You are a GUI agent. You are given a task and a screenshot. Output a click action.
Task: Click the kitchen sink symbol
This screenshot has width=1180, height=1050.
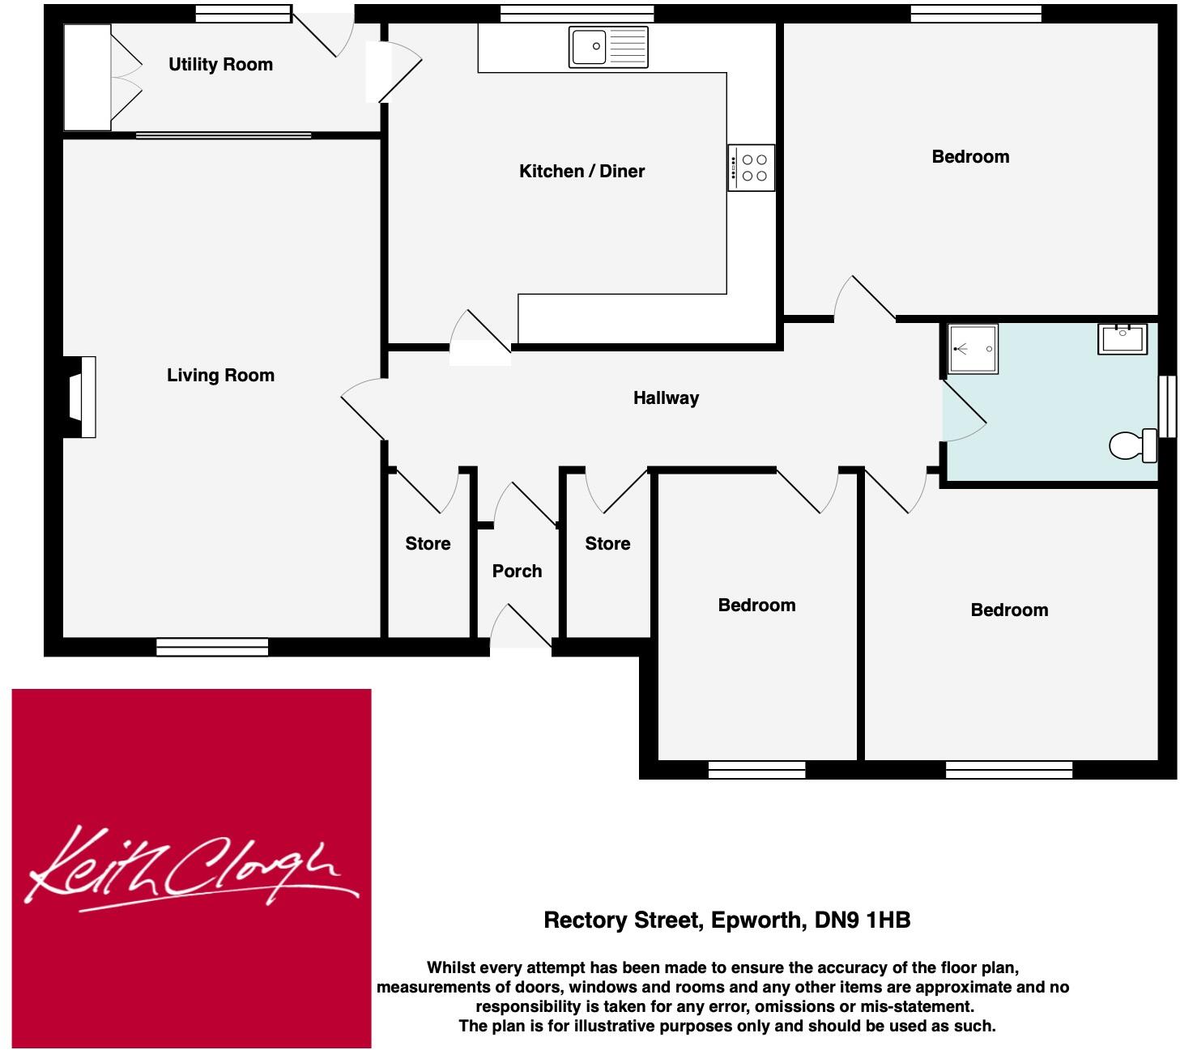coord(608,46)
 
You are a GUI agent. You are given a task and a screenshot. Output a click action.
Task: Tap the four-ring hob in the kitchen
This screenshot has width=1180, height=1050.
coord(752,168)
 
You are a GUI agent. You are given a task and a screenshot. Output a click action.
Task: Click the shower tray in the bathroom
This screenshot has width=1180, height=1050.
coord(973,349)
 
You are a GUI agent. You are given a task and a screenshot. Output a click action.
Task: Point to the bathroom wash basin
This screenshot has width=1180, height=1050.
coord(1122,338)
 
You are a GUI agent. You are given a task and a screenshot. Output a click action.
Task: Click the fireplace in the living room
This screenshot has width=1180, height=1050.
coord(81,397)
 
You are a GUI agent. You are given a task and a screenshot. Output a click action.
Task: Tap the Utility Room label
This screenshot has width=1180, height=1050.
coord(220,65)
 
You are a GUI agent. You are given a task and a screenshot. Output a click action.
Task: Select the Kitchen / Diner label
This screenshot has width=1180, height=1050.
coord(581,171)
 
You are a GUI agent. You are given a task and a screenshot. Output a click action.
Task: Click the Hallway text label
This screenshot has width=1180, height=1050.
coord(666,397)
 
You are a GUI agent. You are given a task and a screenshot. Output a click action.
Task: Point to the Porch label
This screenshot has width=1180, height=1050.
coord(517,571)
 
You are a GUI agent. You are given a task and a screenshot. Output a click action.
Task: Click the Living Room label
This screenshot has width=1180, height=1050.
coord(220,375)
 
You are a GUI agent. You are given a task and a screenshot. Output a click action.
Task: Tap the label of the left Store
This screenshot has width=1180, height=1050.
coord(428,543)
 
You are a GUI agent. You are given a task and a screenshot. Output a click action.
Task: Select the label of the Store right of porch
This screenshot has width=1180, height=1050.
coord(607,543)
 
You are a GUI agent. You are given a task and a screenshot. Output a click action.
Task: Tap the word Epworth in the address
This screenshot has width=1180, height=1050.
coord(757,920)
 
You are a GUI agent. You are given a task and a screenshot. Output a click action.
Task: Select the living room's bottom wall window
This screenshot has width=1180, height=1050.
coord(212,646)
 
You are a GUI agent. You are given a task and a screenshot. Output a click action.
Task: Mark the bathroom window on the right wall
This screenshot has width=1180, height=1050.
coord(1167,406)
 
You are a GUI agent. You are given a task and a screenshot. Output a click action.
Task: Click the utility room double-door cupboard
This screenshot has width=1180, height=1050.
coord(87,77)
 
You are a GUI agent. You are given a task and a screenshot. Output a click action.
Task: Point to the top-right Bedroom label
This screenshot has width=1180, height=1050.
coord(970,156)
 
